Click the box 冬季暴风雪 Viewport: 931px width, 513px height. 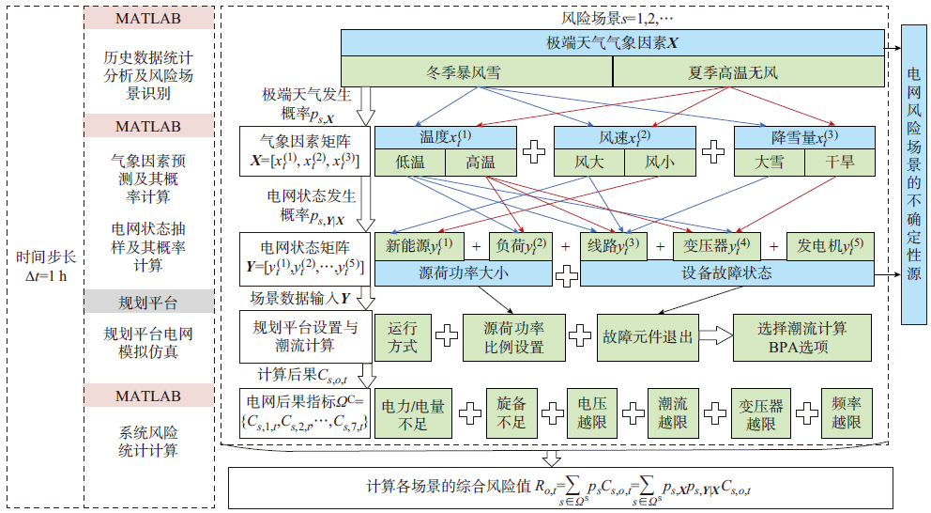click(476, 71)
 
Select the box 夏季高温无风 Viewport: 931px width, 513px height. click(748, 71)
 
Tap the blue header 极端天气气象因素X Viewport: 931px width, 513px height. click(611, 43)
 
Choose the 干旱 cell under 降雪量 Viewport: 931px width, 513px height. click(840, 163)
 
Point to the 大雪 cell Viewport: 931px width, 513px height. click(770, 163)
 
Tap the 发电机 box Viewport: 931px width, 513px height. click(829, 246)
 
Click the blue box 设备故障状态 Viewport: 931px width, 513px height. click(726, 273)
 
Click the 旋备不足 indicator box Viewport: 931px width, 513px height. click(511, 413)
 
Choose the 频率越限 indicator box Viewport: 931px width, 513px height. click(847, 413)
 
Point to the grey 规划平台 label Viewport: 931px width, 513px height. click(147, 302)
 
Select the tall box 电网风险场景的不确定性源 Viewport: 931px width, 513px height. click(914, 173)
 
